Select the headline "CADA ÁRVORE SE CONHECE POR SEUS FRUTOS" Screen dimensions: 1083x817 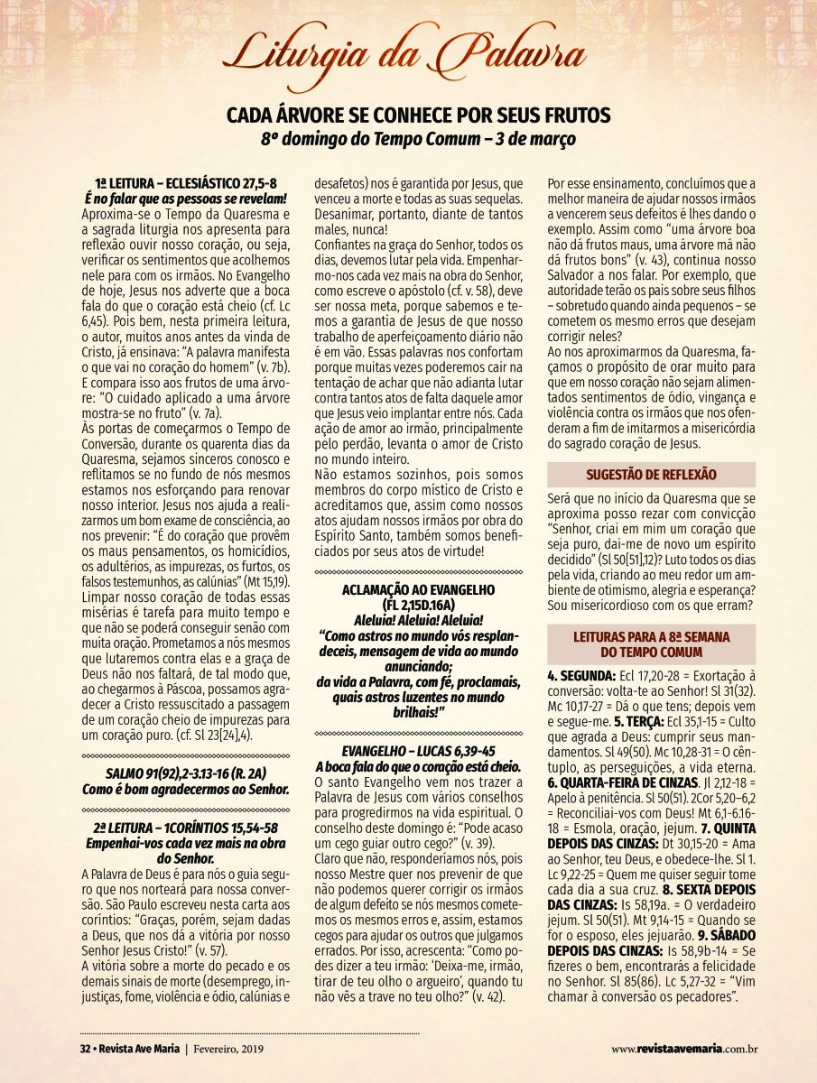[418, 116]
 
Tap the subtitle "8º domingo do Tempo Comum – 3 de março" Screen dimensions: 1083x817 [418, 139]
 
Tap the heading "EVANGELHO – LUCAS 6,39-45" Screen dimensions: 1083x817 [419, 751]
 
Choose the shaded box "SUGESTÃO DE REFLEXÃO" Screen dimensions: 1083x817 [651, 474]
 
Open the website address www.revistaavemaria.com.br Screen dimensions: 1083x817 [683, 1049]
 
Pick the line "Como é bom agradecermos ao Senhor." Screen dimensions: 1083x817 [198, 789]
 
